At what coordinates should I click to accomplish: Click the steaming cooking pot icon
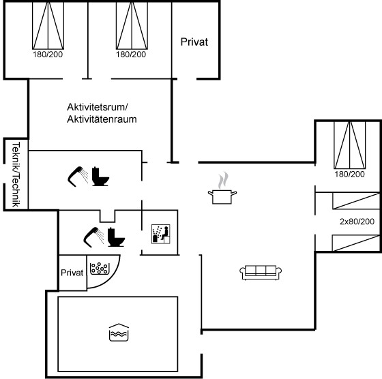tap(222, 188)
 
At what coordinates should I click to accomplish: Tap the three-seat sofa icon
tap(261, 273)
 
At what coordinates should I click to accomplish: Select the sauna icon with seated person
tap(161, 234)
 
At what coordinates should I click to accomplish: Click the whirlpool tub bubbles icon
tap(100, 269)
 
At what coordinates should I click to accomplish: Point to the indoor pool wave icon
tap(119, 332)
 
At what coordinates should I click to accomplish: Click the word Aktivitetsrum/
tap(98, 107)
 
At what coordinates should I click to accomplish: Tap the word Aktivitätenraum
tap(102, 119)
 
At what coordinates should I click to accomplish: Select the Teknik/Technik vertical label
tap(16, 175)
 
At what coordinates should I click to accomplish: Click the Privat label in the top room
tap(194, 42)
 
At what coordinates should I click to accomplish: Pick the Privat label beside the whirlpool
tap(72, 273)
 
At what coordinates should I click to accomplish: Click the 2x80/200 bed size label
tap(357, 222)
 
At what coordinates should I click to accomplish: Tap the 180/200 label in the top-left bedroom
tap(48, 55)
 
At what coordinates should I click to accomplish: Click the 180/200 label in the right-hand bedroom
tap(349, 175)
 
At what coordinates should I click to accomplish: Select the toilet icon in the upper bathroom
tap(100, 177)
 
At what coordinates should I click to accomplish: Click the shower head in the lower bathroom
tap(94, 237)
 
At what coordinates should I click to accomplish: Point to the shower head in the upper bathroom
tap(78, 177)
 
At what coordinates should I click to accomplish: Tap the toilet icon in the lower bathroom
tap(116, 237)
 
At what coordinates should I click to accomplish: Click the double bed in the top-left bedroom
tap(48, 25)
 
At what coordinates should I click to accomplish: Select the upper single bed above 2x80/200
tap(356, 200)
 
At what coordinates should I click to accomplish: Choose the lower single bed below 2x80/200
tap(356, 243)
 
